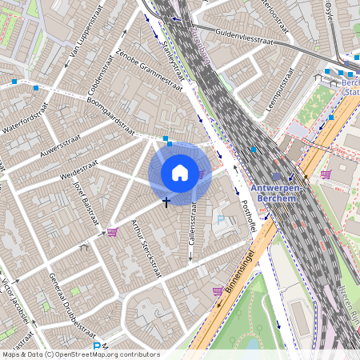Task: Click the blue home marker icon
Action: pos(180,172)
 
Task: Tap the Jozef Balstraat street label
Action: pos(88,204)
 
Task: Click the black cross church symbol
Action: pos(166,202)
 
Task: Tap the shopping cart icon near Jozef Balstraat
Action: pos(112,232)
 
